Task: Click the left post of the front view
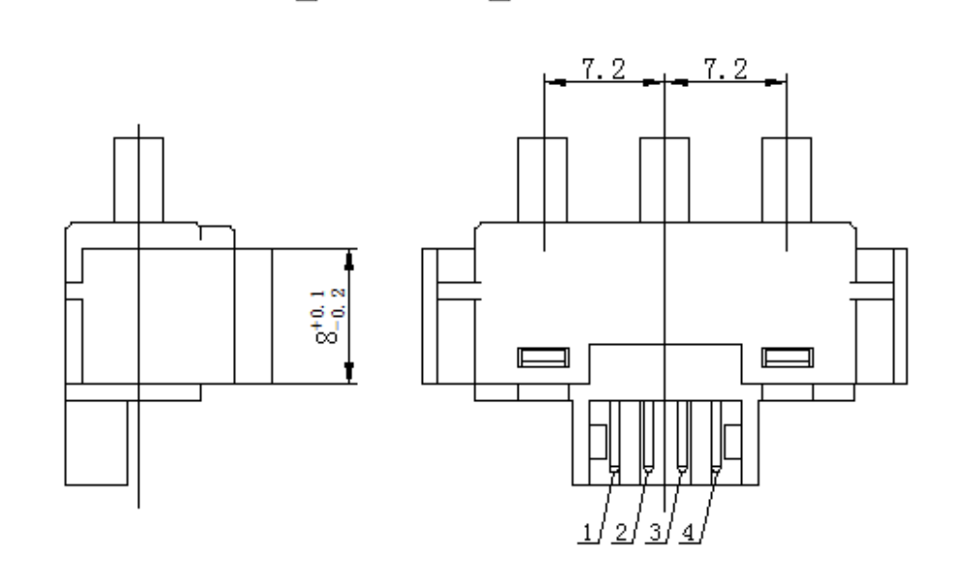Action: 544,180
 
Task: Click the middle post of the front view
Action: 664,180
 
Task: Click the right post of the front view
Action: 786,180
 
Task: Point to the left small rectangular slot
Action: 541,359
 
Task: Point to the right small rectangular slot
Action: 786,359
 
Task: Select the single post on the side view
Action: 137,180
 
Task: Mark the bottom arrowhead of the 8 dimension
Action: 350,374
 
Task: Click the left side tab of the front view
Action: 448,313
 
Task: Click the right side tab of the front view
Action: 881,313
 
